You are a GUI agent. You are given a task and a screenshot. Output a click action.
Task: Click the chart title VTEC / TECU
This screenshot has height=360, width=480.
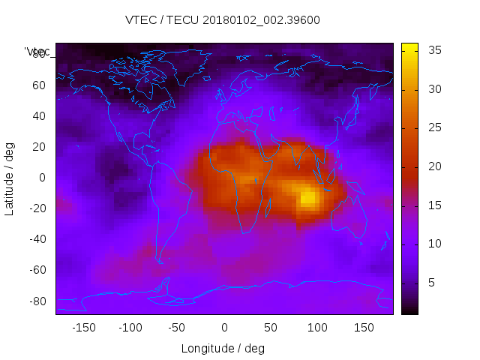tap(223, 20)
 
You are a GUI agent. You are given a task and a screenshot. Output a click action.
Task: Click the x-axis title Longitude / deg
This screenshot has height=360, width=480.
tap(223, 349)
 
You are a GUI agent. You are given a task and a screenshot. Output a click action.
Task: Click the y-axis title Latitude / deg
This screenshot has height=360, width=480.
tap(10, 177)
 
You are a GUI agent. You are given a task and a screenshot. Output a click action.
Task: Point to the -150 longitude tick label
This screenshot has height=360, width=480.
tap(84, 328)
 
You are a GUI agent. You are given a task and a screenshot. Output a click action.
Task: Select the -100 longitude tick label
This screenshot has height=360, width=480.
tap(130, 328)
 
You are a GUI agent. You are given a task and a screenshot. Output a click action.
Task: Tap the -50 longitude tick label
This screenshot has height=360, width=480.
tap(177, 328)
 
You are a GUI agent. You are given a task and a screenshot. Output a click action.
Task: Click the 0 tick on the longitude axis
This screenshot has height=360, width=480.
tap(223, 328)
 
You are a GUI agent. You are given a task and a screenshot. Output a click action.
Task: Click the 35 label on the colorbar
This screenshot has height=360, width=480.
tap(433, 50)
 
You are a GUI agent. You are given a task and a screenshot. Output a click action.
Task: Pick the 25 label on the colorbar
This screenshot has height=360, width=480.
tap(433, 127)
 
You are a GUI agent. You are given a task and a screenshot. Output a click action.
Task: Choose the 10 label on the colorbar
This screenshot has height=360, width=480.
tap(433, 244)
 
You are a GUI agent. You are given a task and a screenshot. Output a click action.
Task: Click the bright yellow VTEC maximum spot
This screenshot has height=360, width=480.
tap(308, 198)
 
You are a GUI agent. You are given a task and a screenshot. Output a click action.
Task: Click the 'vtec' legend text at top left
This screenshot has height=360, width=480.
tap(37, 51)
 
